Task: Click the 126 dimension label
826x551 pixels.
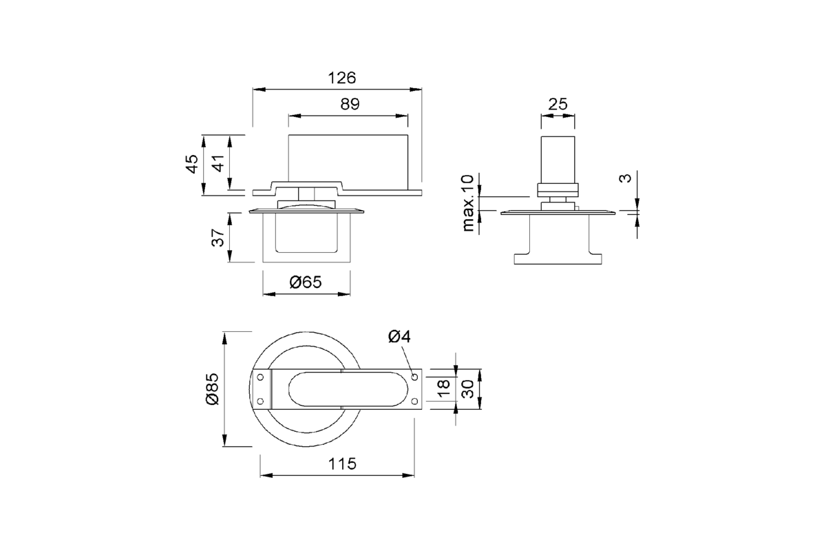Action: pos(342,78)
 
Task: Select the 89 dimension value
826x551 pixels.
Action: pos(350,104)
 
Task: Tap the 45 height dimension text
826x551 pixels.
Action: pos(192,164)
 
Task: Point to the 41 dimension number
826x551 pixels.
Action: pos(218,163)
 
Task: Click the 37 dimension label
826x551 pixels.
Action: pos(218,238)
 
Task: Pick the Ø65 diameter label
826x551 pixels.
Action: pos(306,282)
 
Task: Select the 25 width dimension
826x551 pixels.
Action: pos(557,105)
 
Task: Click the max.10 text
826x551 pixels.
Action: pos(467,203)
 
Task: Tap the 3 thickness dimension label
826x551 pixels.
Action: pos(625,178)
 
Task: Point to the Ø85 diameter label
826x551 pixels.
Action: pos(213,389)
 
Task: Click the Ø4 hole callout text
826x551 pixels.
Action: pos(399,337)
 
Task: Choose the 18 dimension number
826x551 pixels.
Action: pos(443,388)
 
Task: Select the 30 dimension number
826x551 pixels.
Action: pos(467,389)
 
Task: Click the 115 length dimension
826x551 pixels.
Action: pos(342,464)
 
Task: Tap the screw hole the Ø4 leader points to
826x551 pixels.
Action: pos(414,377)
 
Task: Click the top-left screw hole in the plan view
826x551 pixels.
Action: pos(260,377)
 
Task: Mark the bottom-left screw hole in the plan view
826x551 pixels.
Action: pos(260,401)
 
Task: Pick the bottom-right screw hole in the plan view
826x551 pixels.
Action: pos(414,401)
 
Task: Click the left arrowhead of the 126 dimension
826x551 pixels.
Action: pos(259,90)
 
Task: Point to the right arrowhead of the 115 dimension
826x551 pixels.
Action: pos(408,475)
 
